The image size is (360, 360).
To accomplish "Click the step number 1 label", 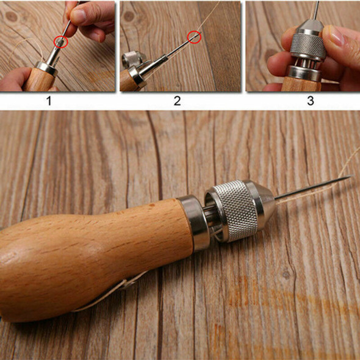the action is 49,101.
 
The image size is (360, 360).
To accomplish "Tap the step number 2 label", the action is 177,101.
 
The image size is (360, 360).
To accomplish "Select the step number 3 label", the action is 311,101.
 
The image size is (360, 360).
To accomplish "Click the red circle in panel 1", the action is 61,41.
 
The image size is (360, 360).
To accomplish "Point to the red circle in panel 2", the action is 194,37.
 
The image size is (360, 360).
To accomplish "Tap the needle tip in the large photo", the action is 352,176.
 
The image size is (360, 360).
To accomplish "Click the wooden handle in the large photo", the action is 92,257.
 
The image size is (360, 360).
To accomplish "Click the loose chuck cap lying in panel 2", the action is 132,59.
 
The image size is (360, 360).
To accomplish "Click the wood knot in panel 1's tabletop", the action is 11,16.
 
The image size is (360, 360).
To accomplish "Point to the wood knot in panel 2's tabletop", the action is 129,16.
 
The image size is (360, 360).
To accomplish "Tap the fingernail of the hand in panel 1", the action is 79,15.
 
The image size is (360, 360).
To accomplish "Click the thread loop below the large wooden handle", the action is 110,292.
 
